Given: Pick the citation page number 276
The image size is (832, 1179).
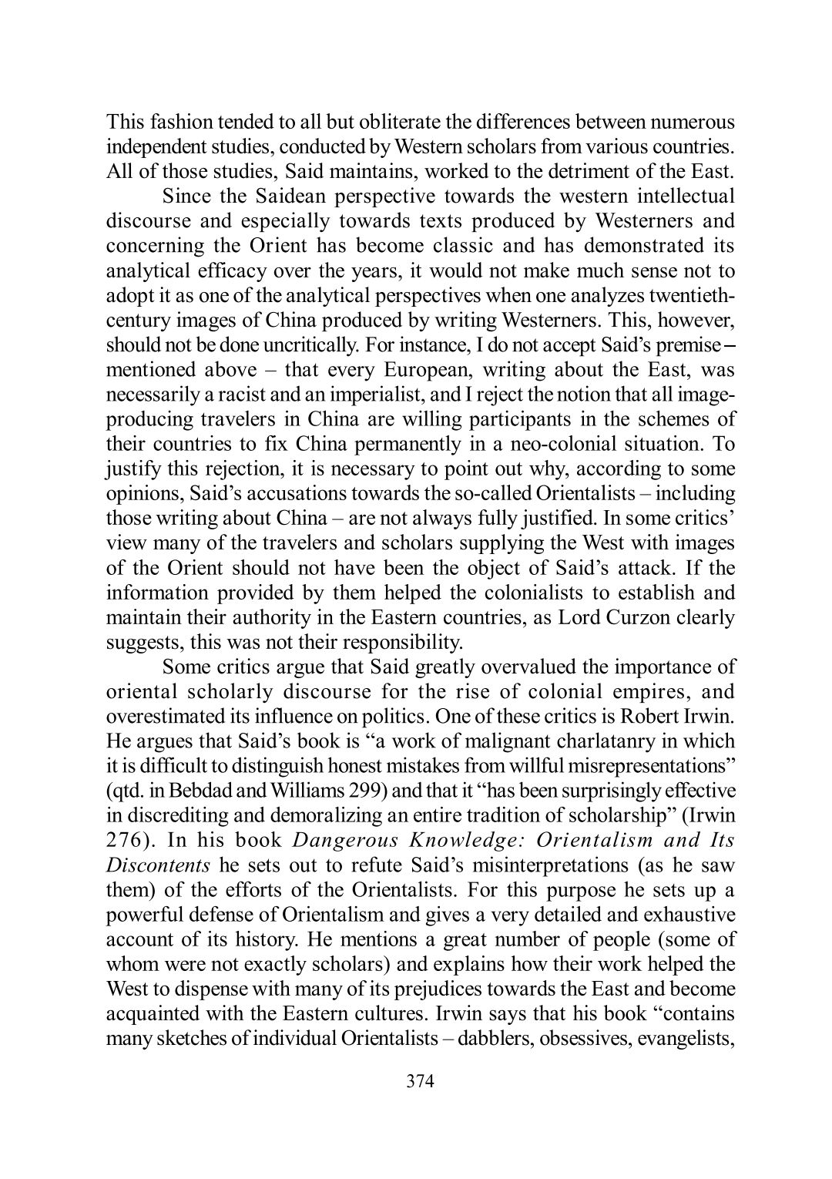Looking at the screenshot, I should click(124, 841).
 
